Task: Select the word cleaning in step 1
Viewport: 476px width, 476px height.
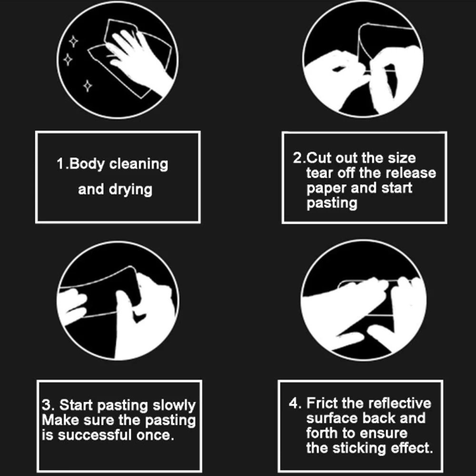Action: pos(139,164)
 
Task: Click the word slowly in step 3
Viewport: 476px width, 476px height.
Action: pos(174,406)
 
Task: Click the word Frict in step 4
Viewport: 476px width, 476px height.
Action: pos(322,403)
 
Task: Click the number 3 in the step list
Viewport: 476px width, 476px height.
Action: pos(47,406)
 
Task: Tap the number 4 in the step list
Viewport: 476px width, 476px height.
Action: pos(294,403)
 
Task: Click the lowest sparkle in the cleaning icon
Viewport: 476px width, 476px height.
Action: pos(88,86)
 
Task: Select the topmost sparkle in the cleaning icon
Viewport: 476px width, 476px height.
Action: pos(73,41)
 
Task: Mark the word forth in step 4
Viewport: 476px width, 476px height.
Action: pos(322,433)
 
